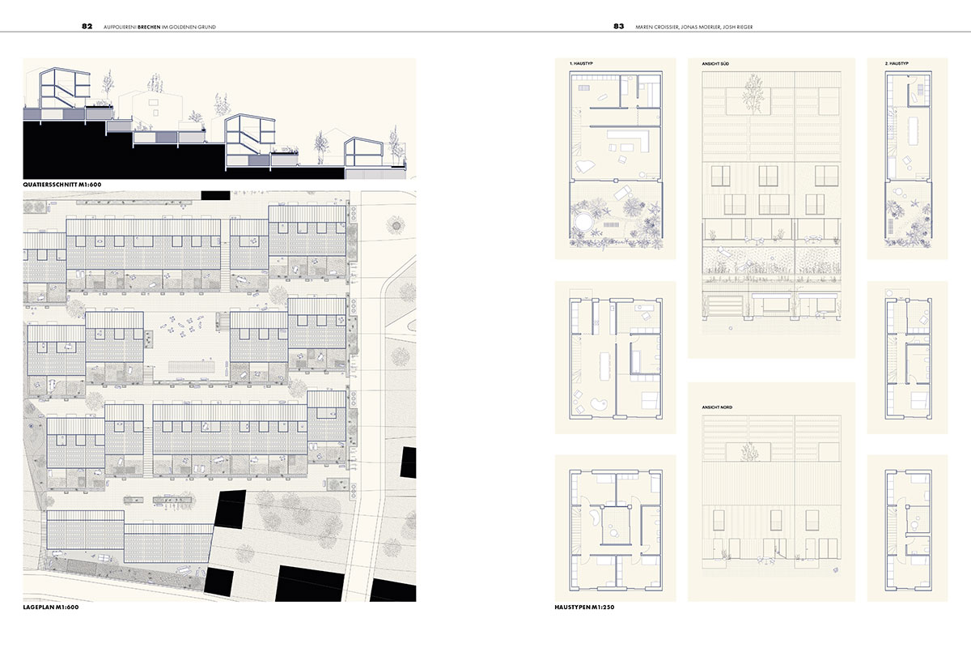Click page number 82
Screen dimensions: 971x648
point(87,26)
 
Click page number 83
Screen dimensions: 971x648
point(618,26)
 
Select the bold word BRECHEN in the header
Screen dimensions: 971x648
point(149,27)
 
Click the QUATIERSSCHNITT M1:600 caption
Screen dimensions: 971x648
point(62,185)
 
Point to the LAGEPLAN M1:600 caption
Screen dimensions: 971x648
point(51,607)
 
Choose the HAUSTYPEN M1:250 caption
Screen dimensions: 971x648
point(584,607)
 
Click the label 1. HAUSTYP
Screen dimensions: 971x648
point(581,63)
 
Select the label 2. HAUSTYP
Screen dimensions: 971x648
point(897,63)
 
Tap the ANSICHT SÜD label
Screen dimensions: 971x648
point(715,64)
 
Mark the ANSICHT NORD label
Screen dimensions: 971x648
point(717,407)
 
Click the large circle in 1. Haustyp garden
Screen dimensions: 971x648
point(584,221)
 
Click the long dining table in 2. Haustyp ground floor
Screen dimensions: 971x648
point(910,132)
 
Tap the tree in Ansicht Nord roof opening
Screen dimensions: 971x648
point(749,452)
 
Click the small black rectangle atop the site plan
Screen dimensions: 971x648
point(215,195)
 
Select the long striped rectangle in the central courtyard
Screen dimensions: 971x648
point(191,367)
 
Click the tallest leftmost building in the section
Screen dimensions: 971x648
point(65,88)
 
